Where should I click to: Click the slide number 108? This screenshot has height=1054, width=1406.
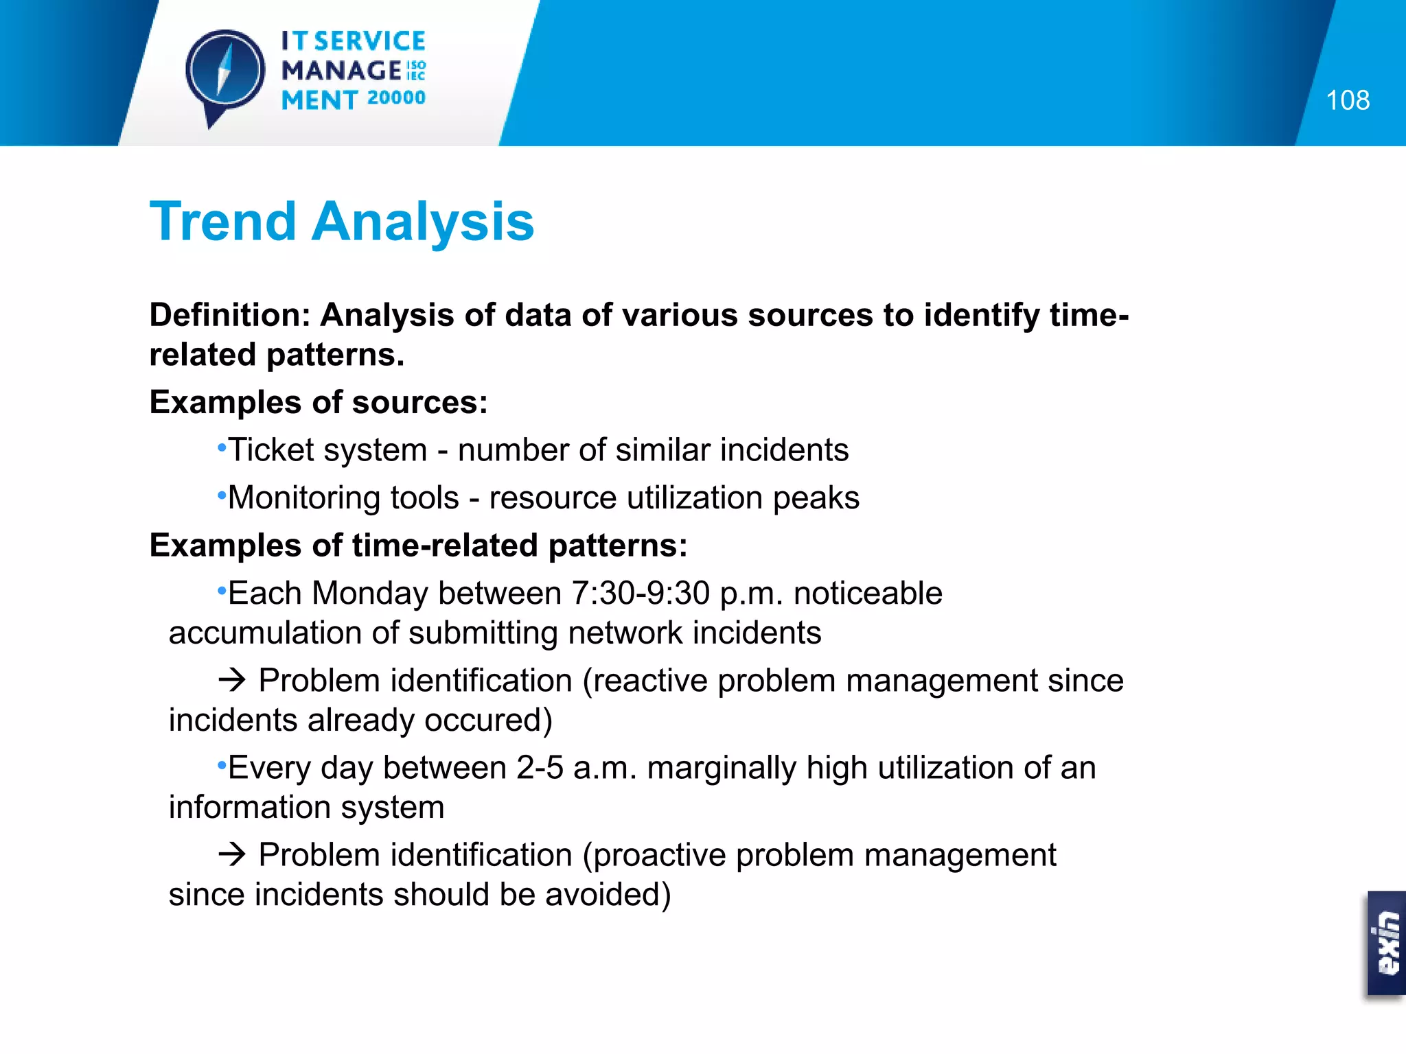point(1347,100)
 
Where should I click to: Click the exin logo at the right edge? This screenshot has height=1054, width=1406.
point(1387,943)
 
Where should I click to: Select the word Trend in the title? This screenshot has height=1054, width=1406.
point(222,222)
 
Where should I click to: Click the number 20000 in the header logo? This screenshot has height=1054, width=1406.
point(396,97)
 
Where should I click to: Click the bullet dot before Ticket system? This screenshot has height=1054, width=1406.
point(221,448)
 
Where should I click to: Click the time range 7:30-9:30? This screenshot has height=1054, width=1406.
point(640,593)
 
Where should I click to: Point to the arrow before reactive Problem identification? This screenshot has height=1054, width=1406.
point(232,680)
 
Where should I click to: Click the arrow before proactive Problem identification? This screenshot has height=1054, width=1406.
point(232,854)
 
